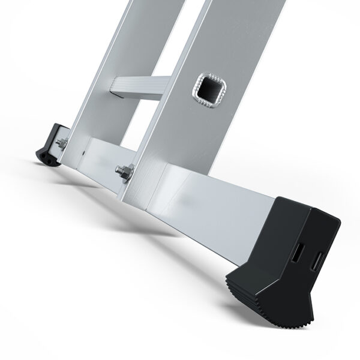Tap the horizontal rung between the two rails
coord(139,87)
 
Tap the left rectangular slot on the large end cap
coord(297,253)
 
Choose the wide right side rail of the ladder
coord(198,120)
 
